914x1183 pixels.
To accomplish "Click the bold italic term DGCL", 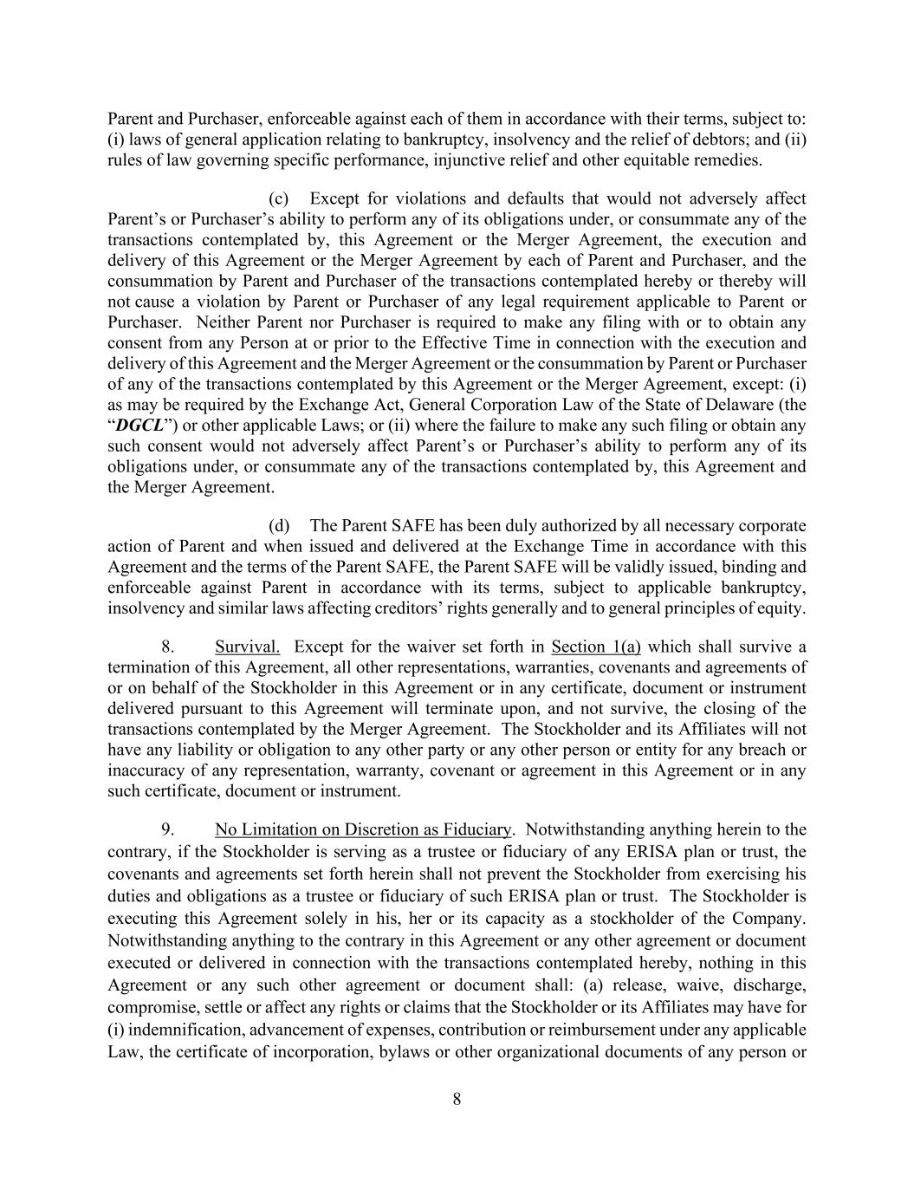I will pyautogui.click(x=139, y=426).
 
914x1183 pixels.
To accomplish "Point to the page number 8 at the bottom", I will pyautogui.click(x=457, y=1100).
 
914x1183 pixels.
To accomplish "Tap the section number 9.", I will pyautogui.click(x=169, y=829).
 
